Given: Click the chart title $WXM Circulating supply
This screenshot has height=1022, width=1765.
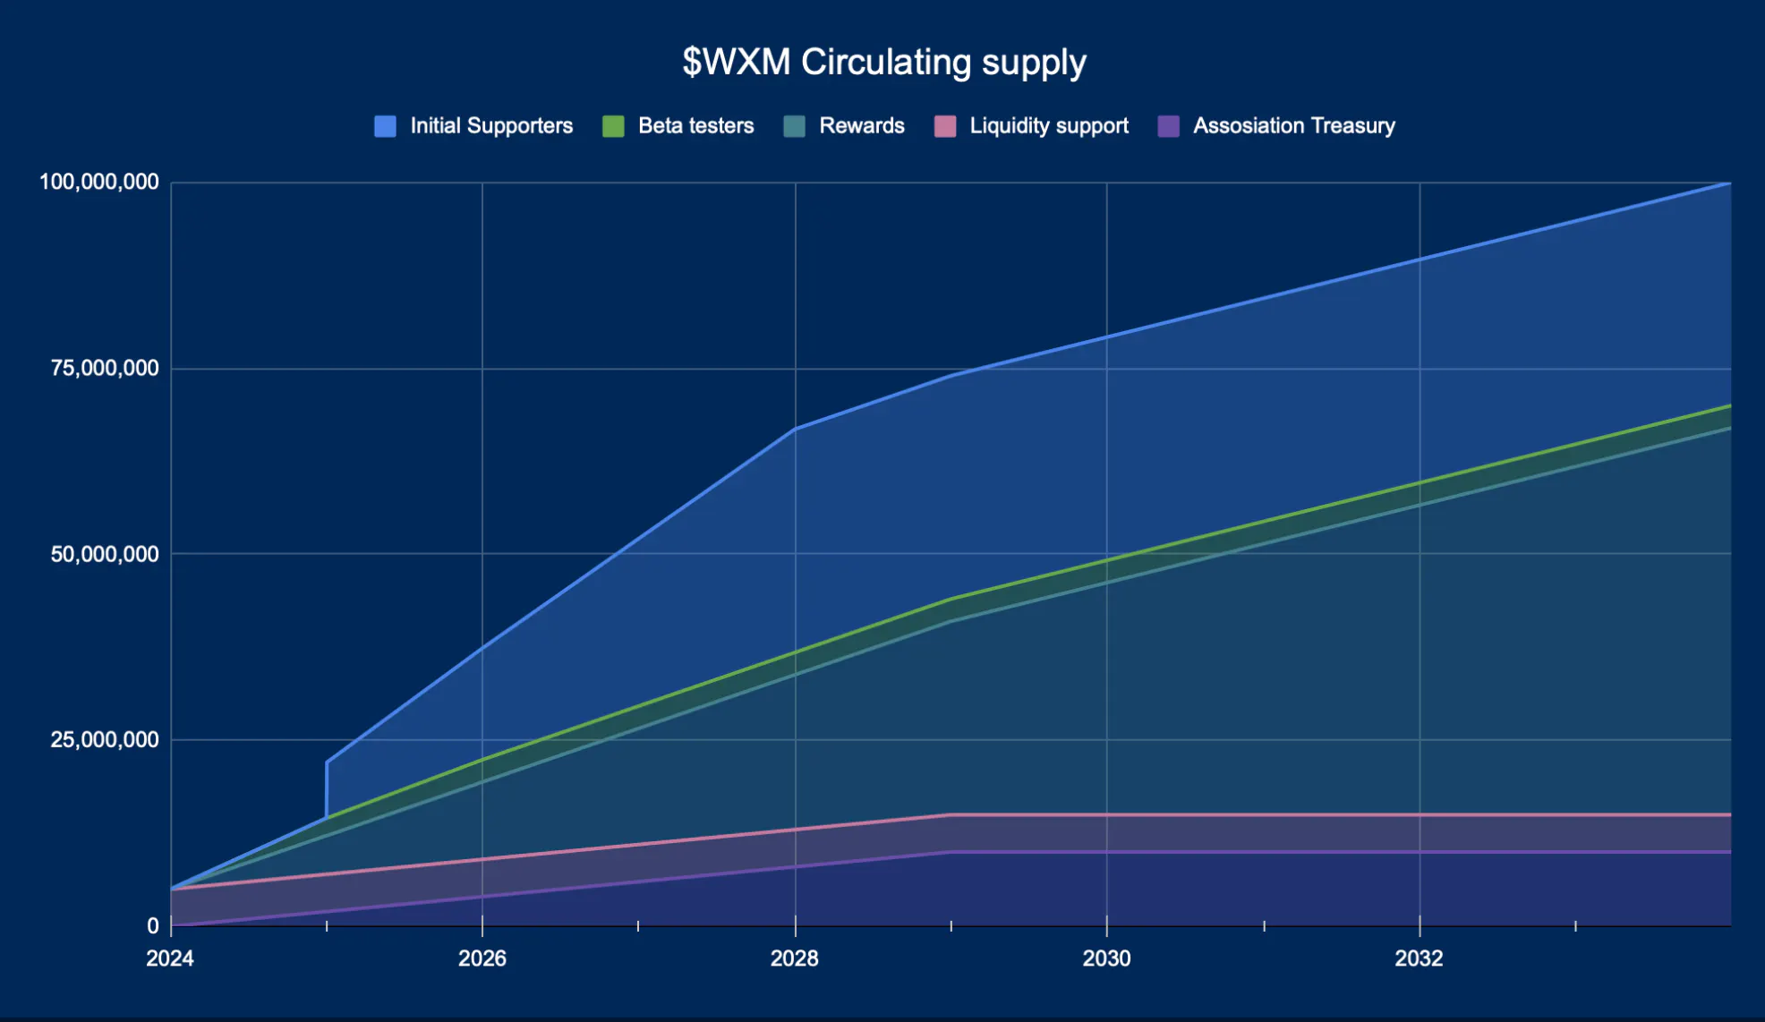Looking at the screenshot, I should (883, 62).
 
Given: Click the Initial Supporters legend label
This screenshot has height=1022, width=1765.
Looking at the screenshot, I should (491, 126).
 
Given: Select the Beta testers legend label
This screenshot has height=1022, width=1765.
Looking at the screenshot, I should (695, 126).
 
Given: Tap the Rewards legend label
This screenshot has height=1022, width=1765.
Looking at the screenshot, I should (861, 126).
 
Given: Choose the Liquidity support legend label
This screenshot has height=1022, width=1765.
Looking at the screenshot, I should (1049, 126).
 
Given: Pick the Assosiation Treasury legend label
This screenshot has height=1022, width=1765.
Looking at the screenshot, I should (1293, 126).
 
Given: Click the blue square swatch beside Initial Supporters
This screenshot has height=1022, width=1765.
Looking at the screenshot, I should (385, 126).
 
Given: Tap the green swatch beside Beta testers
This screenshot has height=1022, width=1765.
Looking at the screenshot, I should (613, 126).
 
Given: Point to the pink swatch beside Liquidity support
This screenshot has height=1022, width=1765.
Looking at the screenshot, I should (945, 126).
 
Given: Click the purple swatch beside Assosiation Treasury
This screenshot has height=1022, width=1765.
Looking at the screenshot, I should (1168, 126).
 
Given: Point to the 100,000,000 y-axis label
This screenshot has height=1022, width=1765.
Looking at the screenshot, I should (99, 183).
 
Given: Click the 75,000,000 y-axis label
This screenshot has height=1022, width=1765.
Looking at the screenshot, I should (105, 368).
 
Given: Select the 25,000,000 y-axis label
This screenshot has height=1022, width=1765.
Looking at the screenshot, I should (105, 739).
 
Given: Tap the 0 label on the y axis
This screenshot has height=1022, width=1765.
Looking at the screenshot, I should (153, 926).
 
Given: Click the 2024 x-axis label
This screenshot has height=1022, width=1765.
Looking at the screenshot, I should (170, 958).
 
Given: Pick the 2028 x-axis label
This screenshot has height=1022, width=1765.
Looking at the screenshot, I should (794, 958).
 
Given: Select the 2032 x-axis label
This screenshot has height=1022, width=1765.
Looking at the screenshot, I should (1419, 958).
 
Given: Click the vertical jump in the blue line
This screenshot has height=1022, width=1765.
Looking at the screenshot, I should (327, 789).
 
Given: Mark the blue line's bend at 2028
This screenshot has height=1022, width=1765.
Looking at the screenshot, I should (795, 429).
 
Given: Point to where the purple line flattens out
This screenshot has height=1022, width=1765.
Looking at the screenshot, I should (951, 852).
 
